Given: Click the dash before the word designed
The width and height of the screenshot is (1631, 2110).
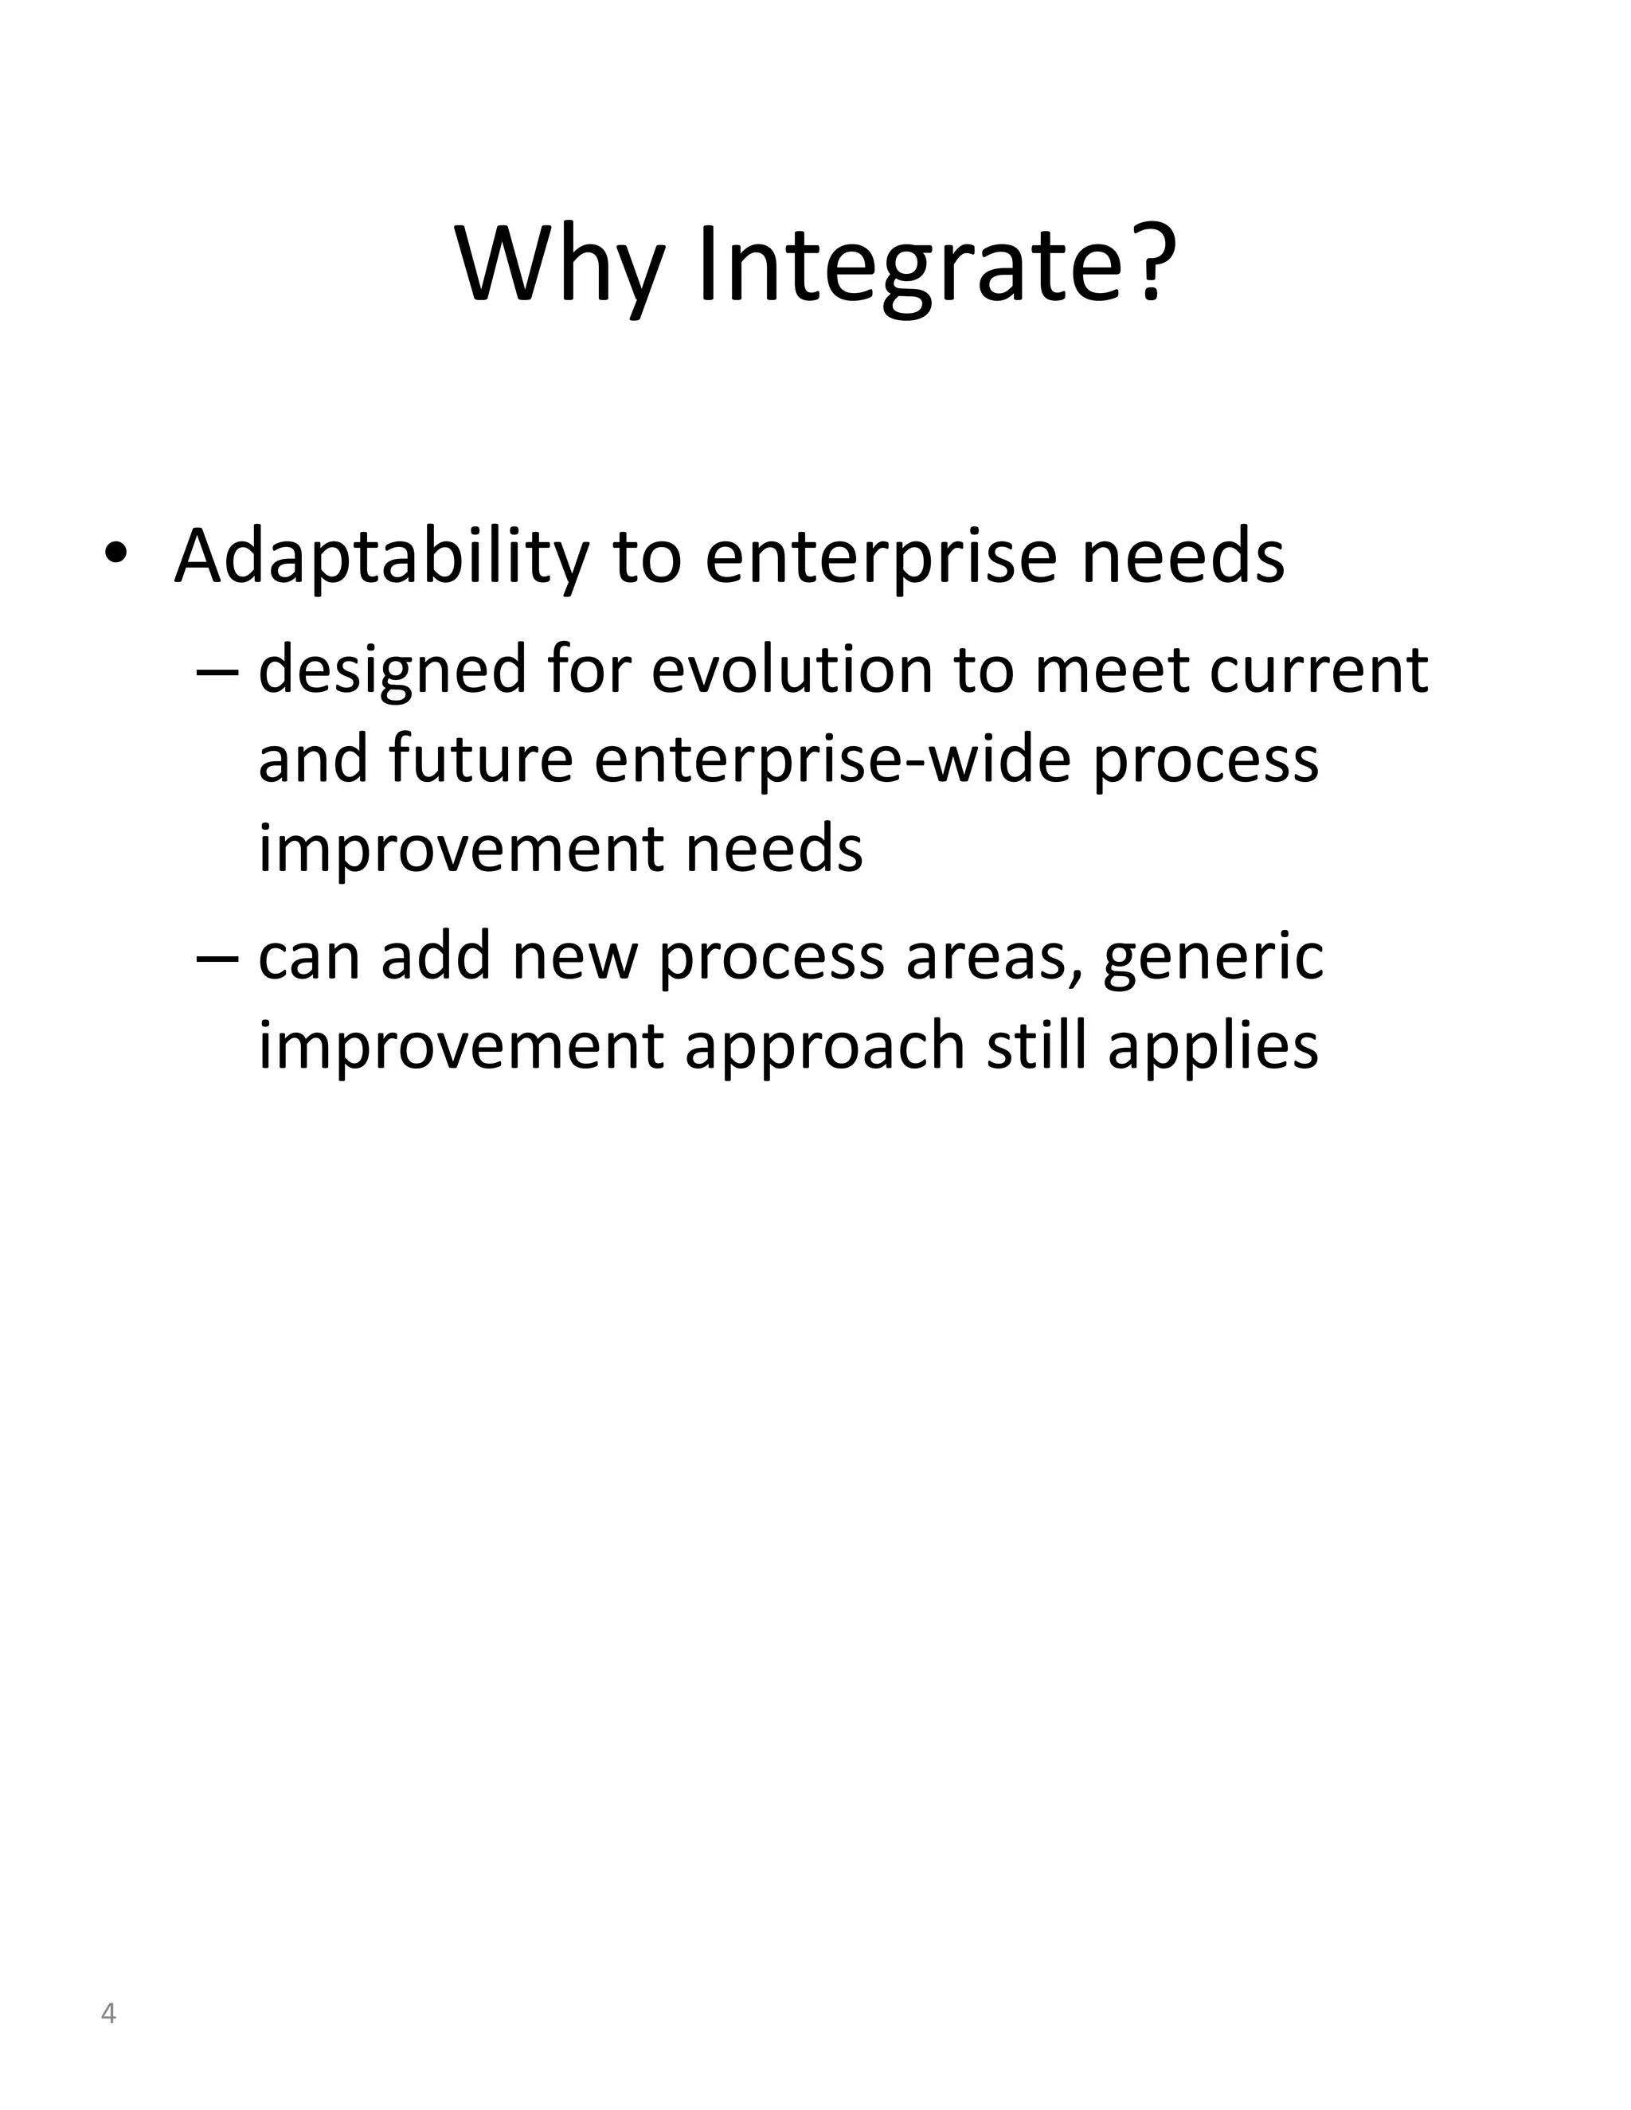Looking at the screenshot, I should (x=216, y=670).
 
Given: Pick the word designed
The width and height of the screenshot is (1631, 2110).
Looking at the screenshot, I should (x=391, y=670).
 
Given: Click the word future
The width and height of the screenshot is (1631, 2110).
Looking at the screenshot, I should (x=481, y=758).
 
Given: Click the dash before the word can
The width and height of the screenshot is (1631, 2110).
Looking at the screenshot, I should (x=216, y=956).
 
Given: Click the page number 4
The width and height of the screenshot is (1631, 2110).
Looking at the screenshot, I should (x=108, y=2014).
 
